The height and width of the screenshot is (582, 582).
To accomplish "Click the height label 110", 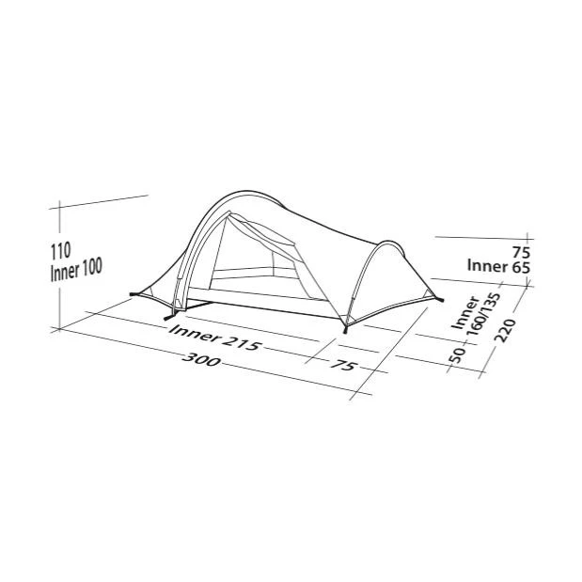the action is tap(60, 251).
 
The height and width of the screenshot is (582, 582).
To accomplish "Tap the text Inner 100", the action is tap(76, 269).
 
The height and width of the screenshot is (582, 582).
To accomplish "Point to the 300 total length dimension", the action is tap(202, 359).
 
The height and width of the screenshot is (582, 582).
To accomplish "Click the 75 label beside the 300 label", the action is tap(342, 365).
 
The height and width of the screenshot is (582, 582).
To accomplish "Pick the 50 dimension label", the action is tap(457, 354).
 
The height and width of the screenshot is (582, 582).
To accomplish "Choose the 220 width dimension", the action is tap(506, 330).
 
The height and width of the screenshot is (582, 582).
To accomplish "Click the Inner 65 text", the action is tap(498, 266).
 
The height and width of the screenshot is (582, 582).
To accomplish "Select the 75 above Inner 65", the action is tap(522, 252).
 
